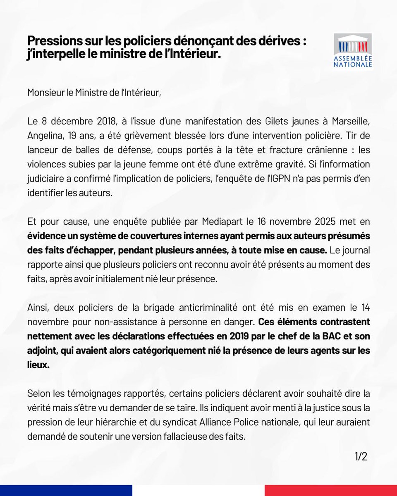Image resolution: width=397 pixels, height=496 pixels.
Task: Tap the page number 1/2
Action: pos(361,456)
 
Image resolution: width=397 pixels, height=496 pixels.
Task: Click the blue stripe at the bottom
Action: pos(66,490)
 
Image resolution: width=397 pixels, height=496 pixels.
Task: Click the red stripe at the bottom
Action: pos(331,490)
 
